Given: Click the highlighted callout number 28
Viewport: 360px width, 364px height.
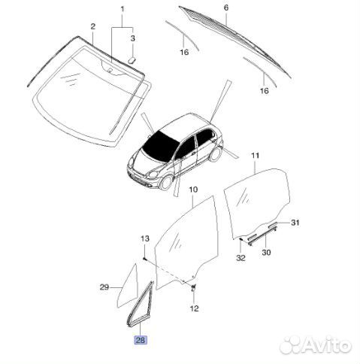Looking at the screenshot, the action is [141, 340].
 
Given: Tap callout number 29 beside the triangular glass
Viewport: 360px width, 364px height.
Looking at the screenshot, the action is [104, 287].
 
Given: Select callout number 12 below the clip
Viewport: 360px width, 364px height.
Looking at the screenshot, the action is [194, 308].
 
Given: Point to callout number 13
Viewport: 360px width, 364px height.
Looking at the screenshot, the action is [144, 238].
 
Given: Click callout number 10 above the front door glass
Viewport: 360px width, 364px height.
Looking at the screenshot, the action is [193, 190].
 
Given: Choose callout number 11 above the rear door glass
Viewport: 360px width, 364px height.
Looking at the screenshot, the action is [255, 156].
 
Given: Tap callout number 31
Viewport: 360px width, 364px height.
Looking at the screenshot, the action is [295, 223].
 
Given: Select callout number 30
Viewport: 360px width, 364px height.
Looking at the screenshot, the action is [266, 252].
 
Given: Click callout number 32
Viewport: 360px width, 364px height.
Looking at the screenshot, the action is [241, 258].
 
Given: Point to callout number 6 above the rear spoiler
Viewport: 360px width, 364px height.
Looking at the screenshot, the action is [226, 8].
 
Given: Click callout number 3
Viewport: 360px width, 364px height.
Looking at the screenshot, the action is [132, 38].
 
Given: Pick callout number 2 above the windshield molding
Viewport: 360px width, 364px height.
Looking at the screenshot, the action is [93, 26].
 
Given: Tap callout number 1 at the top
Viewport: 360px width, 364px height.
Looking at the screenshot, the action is [123, 10].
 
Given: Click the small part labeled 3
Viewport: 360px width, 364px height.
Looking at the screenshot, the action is [132, 60].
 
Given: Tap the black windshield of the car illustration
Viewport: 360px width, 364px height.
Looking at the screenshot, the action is [160, 146].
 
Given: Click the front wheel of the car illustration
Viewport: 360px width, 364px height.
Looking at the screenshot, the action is [166, 183].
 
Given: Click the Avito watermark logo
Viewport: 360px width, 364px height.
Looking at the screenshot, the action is [316, 346].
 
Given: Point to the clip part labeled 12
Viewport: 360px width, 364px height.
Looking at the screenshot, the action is [194, 288].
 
